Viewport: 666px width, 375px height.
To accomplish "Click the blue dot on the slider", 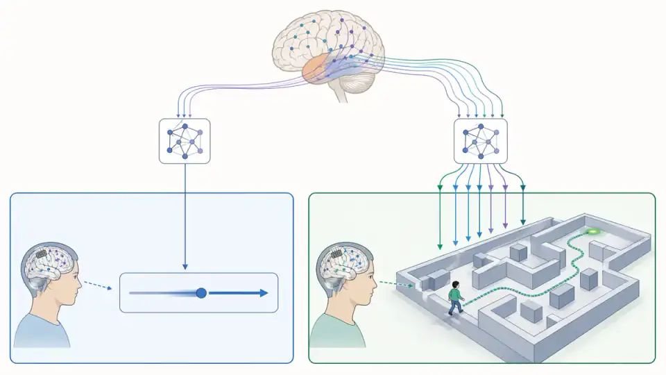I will [201, 293].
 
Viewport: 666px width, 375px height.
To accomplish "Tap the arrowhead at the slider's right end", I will [263, 293].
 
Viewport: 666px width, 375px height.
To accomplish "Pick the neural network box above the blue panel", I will [185, 141].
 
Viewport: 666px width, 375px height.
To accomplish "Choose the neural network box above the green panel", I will [480, 141].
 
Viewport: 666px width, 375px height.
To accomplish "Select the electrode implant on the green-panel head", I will [339, 255].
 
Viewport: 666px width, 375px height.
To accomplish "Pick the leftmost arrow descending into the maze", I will [440, 215].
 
